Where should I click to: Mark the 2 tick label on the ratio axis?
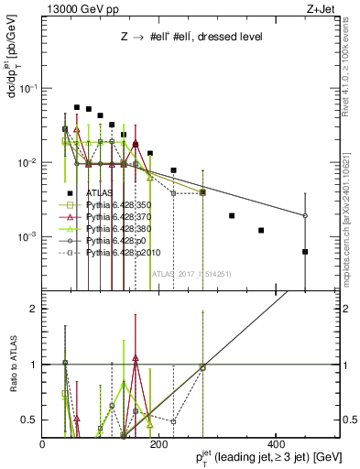coord(35,309)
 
